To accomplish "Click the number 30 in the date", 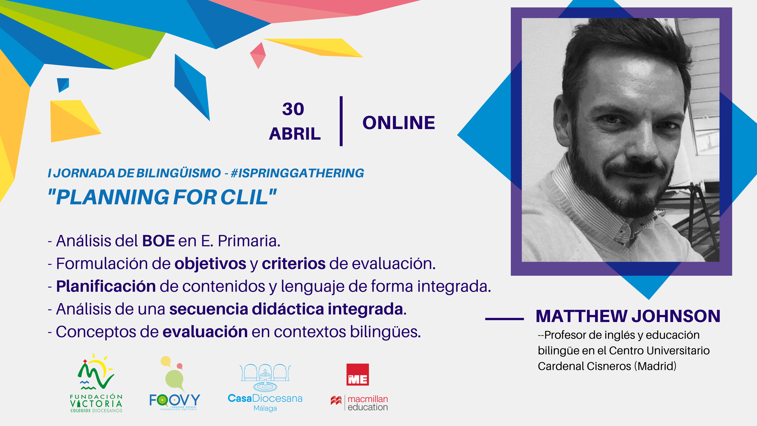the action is point(293,109).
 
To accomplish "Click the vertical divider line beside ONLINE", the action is point(341,121).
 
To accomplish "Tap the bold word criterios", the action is point(293,263).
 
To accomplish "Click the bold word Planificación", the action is point(106,286).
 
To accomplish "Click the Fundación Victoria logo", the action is point(96,383).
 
